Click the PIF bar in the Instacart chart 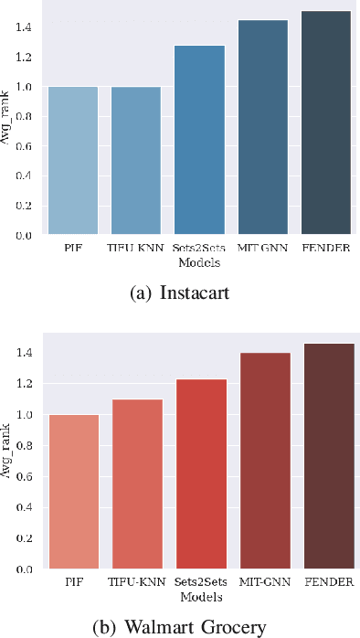pos(73,161)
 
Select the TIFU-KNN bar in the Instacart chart pos(136,161)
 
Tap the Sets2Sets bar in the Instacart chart pos(199,140)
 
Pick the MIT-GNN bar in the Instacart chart pos(262,128)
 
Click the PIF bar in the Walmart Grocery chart pos(73,492)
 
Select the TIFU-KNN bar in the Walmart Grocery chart pos(136,484)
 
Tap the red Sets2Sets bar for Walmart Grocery pos(199,473)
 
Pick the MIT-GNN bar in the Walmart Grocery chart pos(262,461)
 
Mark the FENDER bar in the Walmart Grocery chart pos(325,456)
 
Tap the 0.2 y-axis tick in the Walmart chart pos(24,538)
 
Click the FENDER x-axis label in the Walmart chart pos(325,581)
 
